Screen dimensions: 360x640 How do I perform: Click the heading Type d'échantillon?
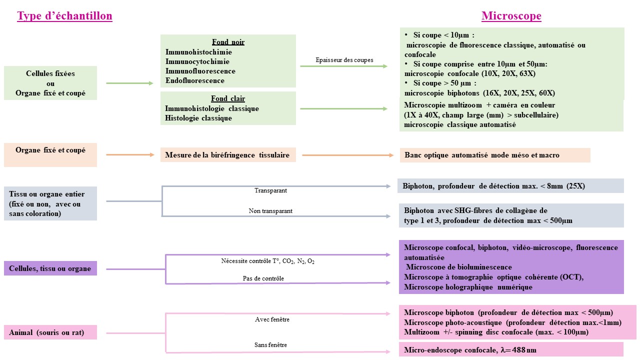(x=64, y=16)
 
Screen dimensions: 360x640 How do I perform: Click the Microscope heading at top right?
(x=511, y=16)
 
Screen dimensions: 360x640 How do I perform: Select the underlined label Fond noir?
(x=228, y=42)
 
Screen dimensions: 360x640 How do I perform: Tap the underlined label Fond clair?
(x=228, y=99)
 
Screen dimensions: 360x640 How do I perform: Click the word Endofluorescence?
(x=194, y=80)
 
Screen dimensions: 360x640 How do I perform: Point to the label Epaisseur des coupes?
(x=344, y=60)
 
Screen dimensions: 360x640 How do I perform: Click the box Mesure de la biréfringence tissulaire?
(x=227, y=155)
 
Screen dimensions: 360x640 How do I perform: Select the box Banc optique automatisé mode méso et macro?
(x=481, y=155)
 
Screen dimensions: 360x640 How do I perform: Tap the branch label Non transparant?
(x=270, y=211)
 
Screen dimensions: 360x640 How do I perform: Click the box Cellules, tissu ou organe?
(x=50, y=268)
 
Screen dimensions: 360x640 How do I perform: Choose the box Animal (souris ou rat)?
(x=50, y=332)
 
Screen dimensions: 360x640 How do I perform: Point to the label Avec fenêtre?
(x=272, y=319)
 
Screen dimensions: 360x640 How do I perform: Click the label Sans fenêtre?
(x=270, y=345)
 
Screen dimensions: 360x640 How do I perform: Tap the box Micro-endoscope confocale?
(x=470, y=350)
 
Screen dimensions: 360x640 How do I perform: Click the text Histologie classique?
(x=198, y=118)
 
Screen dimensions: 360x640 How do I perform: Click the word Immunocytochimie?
(x=197, y=61)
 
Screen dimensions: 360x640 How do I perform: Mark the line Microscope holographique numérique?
(x=468, y=287)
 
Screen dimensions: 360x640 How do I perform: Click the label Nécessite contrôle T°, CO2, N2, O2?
(x=267, y=261)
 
